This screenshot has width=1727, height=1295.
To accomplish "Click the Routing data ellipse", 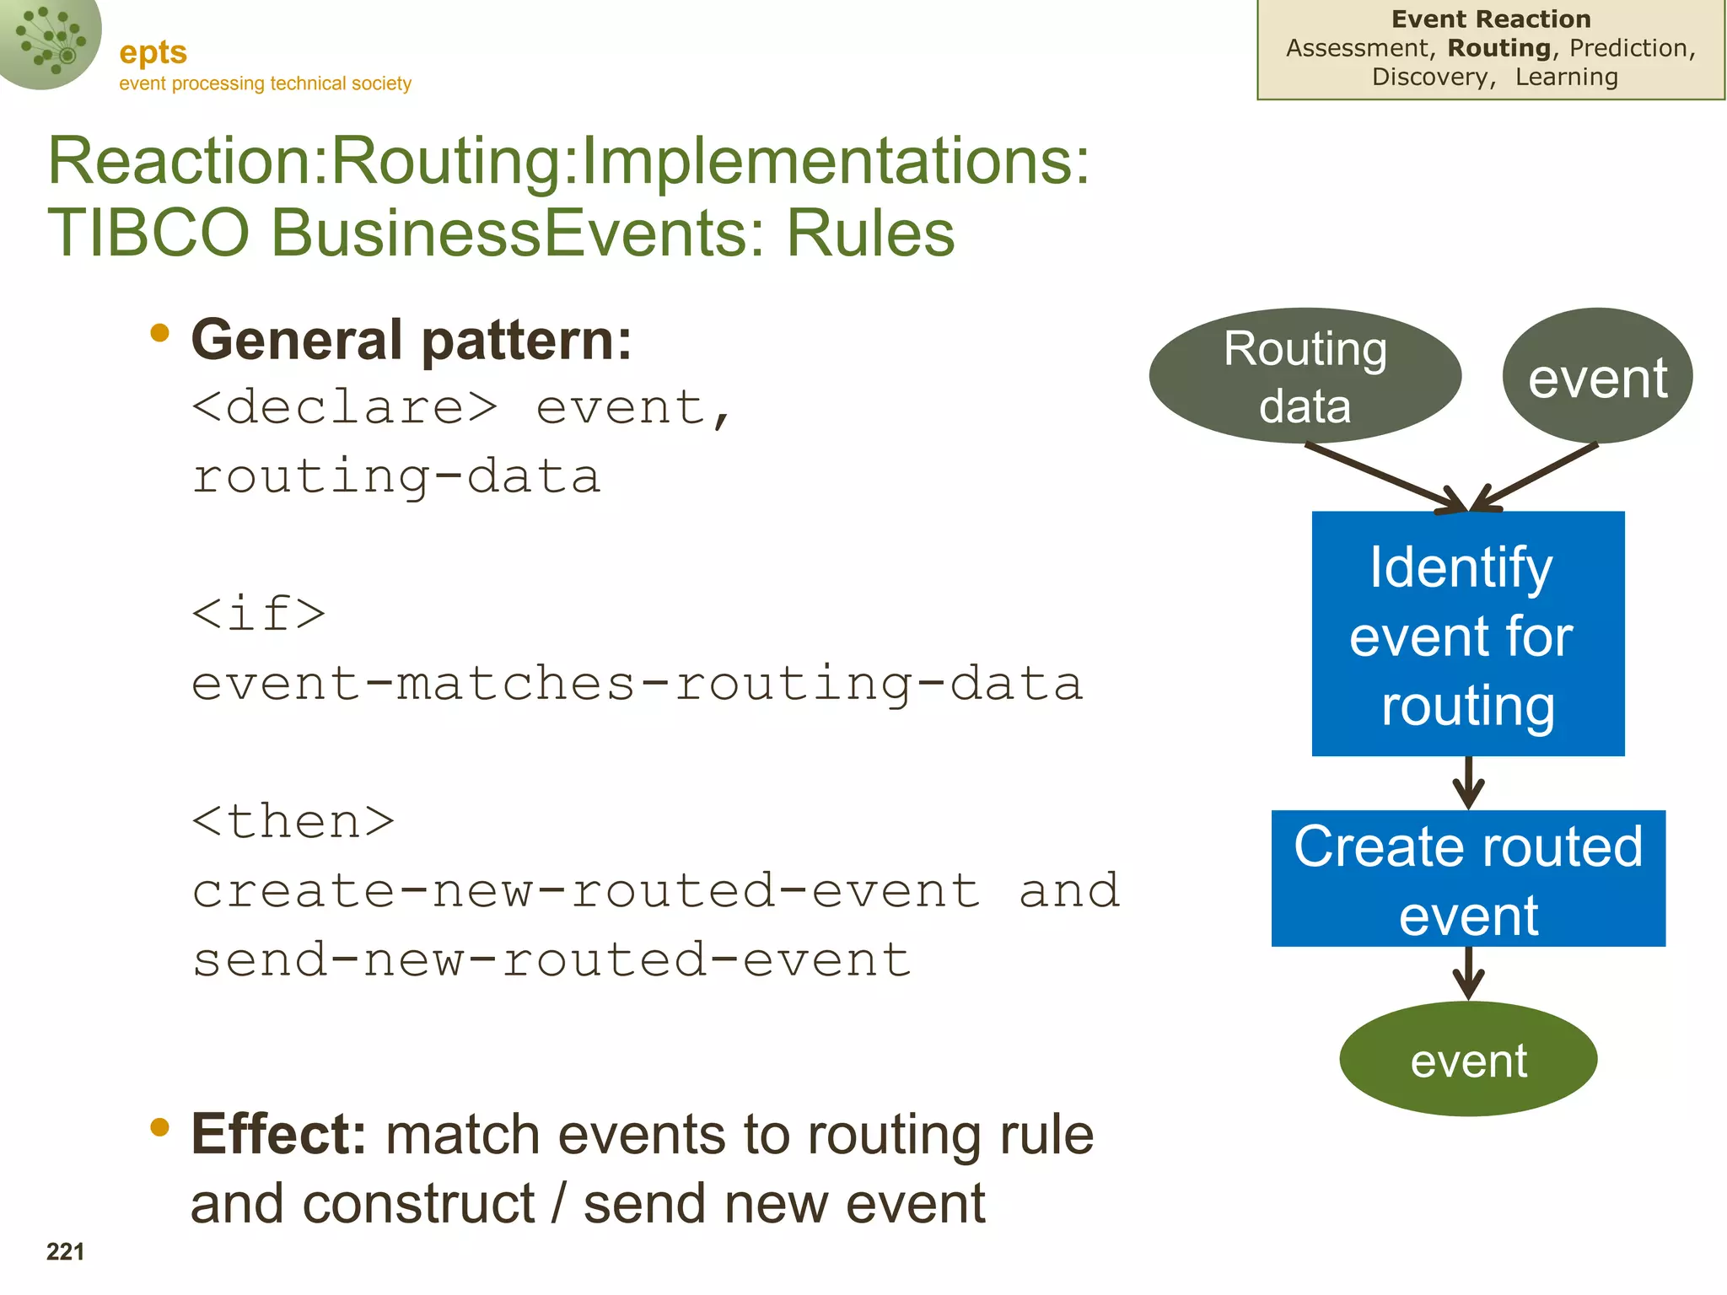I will point(1305,376).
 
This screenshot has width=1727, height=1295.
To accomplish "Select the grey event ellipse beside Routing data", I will point(1597,376).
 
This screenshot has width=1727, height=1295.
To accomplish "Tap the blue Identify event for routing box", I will point(1467,633).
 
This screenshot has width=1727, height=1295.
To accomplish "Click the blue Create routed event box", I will point(1468,879).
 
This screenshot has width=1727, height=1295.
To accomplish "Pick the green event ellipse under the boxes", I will point(1468,1059).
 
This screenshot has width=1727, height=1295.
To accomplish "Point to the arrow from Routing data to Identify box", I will point(1383,477).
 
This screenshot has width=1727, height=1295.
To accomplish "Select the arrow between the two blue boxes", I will point(1468,782).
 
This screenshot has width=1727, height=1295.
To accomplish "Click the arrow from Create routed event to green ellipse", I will point(1468,973).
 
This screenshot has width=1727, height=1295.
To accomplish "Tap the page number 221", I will point(65,1251).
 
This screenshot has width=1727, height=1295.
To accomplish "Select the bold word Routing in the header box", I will point(1498,48).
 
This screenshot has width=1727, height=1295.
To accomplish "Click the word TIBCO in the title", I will point(148,233).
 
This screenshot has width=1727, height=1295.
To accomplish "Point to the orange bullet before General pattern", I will point(159,334).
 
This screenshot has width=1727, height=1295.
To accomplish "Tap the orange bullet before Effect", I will point(159,1127).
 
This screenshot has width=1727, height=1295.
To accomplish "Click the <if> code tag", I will point(258,613).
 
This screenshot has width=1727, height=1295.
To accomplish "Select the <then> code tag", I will point(293,821).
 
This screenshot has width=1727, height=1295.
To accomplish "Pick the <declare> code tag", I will point(344,408).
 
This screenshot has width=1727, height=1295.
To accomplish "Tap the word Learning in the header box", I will point(1566,77).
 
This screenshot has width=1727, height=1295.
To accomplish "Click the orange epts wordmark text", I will point(153,52).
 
